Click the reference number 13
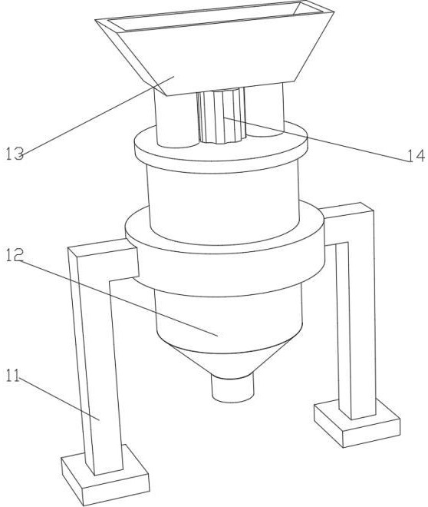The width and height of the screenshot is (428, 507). click(15, 154)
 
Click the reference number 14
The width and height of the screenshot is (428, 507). click(416, 156)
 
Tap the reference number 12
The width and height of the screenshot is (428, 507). click(15, 255)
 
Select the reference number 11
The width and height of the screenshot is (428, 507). click(13, 376)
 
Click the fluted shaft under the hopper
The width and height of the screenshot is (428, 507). click(221, 117)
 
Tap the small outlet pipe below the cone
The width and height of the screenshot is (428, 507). click(232, 387)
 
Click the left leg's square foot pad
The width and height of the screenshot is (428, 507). click(106, 476)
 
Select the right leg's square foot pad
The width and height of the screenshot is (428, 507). click(357, 423)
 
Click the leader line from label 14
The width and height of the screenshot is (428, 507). click(315, 139)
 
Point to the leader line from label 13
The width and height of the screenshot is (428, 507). click(98, 115)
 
